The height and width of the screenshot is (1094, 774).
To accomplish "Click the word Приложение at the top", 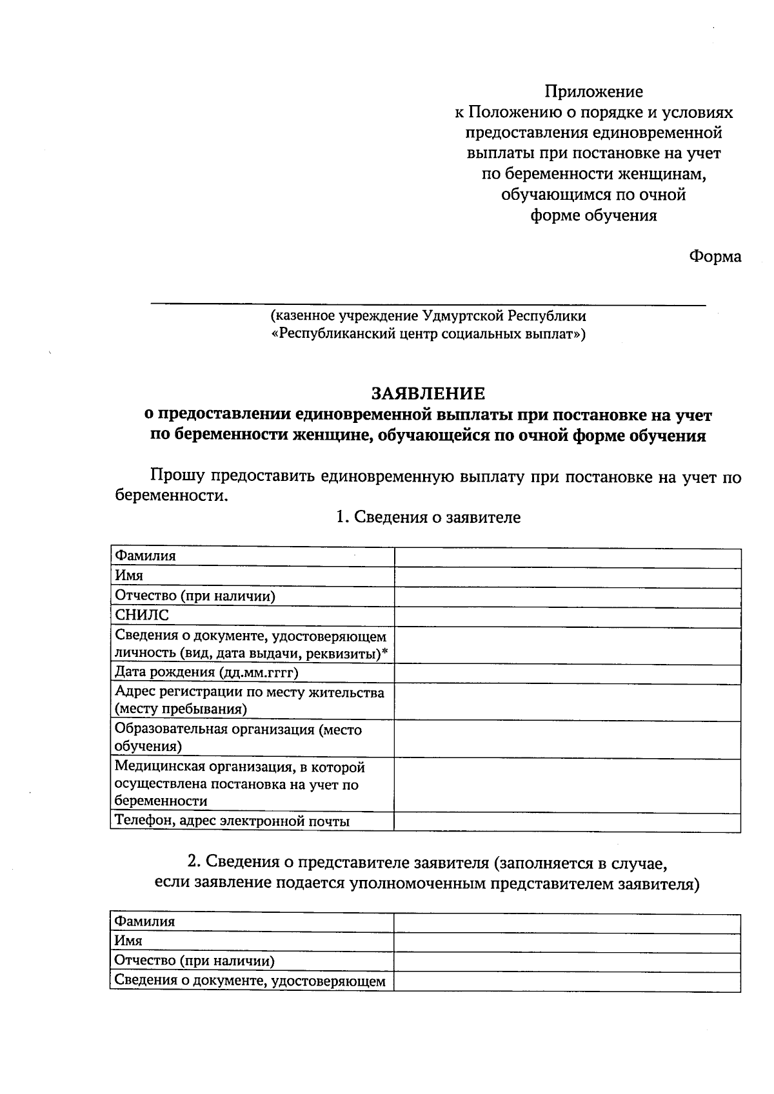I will pyautogui.click(x=593, y=92).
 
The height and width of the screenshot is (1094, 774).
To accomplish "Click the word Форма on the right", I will pyautogui.click(x=715, y=257).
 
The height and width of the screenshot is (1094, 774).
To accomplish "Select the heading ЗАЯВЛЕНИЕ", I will pyautogui.click(x=428, y=393).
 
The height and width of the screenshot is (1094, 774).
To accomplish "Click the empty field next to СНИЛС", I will pyautogui.click(x=568, y=616).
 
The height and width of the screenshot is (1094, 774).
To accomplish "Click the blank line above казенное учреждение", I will pyautogui.click(x=428, y=302).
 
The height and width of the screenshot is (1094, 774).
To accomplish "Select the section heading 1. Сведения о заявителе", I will pyautogui.click(x=428, y=517).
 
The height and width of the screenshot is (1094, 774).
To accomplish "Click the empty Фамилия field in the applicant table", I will pyautogui.click(x=568, y=558).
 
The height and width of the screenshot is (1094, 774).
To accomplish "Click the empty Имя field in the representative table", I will pyautogui.click(x=568, y=942).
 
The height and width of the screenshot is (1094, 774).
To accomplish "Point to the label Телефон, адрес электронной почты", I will pyautogui.click(x=232, y=821).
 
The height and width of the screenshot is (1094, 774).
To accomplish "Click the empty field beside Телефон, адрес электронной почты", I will pyautogui.click(x=568, y=821).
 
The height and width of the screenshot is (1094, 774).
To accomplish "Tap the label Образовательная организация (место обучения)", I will pyautogui.click(x=238, y=737).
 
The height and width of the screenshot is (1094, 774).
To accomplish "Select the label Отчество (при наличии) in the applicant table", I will pyautogui.click(x=195, y=596).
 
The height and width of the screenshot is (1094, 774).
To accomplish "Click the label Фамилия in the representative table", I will pyautogui.click(x=144, y=922).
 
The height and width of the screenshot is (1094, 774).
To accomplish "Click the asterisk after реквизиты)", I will pyautogui.click(x=385, y=652).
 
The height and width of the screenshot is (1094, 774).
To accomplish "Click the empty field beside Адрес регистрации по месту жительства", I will pyautogui.click(x=568, y=701).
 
